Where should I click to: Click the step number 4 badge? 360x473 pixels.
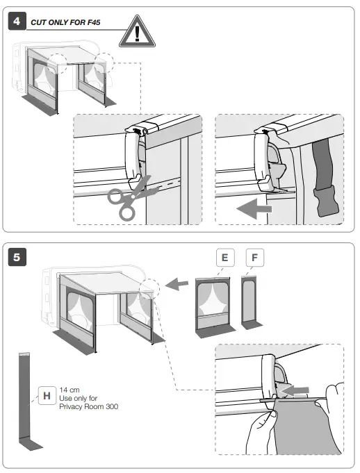(17, 21)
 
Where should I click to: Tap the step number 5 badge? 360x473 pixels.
(17, 257)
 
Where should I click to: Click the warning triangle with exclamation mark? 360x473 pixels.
(138, 32)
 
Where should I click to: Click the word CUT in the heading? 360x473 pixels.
(39, 22)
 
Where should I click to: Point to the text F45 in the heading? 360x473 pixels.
(94, 22)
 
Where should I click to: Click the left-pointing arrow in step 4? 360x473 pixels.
(254, 208)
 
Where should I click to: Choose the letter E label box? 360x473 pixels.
(225, 257)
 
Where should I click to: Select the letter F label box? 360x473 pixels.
(254, 257)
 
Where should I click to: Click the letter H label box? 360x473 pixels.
(47, 395)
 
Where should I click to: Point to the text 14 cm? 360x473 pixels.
(69, 390)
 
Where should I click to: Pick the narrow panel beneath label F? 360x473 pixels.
(250, 301)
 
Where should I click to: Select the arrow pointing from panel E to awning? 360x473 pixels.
(177, 284)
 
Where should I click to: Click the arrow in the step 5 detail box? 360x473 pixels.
(295, 391)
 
